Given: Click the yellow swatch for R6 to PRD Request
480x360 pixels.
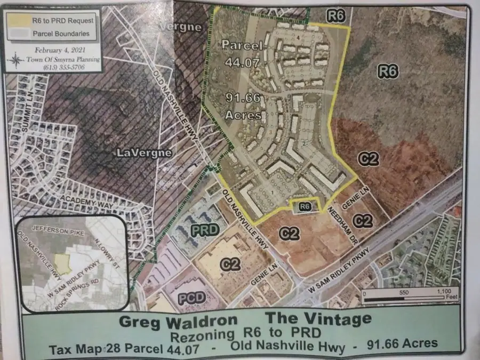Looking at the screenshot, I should pos(21,20).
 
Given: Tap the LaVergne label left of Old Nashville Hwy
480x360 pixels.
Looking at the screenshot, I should pos(144,153).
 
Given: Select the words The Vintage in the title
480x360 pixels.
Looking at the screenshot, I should pos(319,319).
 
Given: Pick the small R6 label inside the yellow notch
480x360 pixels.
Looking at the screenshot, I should pos(305,205).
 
